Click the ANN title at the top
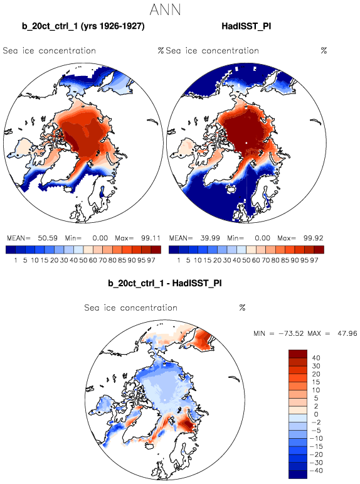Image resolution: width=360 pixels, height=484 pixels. click(165, 9)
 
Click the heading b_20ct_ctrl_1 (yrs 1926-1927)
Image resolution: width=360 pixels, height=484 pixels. click(83, 26)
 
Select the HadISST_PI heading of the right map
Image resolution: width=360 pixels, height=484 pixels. click(246, 26)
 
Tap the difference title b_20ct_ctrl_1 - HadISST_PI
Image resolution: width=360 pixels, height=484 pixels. click(165, 283)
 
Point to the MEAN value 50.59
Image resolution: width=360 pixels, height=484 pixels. click(48, 239)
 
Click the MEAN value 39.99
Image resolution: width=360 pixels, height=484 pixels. click(210, 239)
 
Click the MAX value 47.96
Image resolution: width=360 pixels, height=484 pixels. click(347, 333)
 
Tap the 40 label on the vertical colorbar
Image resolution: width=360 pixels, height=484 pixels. click(316, 358)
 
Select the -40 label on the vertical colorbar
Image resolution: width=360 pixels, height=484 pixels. click(315, 471)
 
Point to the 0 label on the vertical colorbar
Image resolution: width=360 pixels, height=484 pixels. click(316, 414)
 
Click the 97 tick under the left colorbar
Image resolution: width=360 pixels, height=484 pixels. click(151, 261)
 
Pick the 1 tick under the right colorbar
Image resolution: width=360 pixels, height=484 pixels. click(179, 261)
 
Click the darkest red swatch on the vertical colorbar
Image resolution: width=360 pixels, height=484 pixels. click(298, 353)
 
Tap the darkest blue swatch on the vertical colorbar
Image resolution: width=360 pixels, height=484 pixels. click(298, 475)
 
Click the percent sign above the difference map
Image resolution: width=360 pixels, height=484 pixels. click(242, 308)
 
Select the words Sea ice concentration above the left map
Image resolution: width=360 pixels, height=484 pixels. click(50, 51)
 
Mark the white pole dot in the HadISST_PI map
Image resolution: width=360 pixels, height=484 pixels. click(246, 143)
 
